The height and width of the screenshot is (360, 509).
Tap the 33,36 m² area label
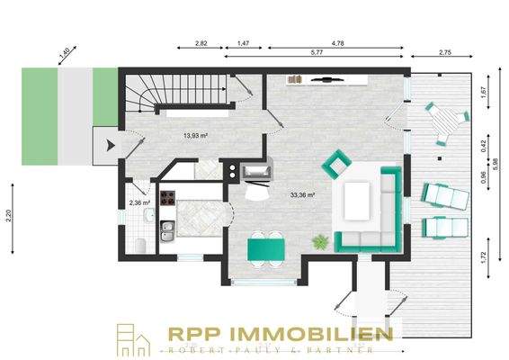click(302, 193)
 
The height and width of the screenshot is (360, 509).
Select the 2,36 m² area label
click(139, 202)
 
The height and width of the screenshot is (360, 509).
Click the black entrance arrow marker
click(110, 143)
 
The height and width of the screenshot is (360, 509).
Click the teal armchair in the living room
click(336, 164)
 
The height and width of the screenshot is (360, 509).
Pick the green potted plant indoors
click(319, 241)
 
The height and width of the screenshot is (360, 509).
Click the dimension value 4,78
click(338, 42)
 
